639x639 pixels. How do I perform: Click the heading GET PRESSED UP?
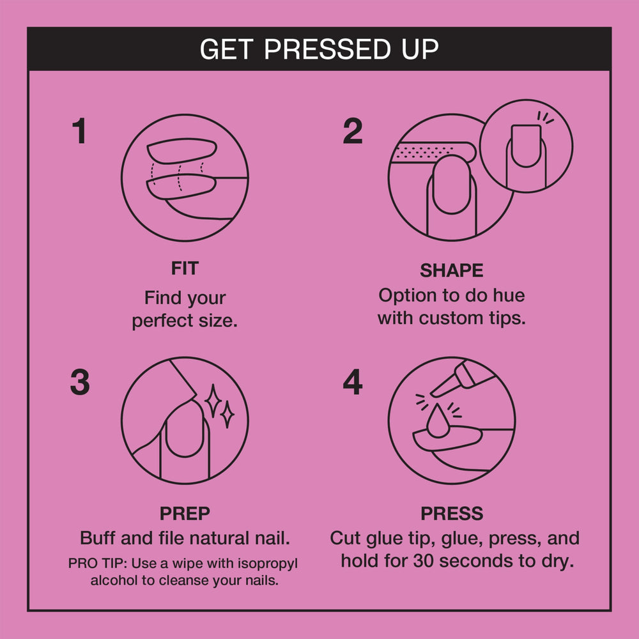click(x=319, y=49)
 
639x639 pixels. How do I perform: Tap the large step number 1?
click(x=79, y=131)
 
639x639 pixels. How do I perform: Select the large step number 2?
click(x=353, y=131)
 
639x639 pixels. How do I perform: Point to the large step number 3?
click(x=80, y=382)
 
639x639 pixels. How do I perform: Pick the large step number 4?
click(x=353, y=382)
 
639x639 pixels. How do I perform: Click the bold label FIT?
click(x=185, y=268)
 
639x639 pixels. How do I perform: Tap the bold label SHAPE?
click(x=452, y=270)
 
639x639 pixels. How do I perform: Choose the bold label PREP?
click(x=185, y=514)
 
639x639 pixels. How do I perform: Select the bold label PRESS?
click(x=452, y=514)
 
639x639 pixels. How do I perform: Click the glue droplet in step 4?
click(x=438, y=422)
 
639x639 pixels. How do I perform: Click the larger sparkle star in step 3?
click(x=213, y=401)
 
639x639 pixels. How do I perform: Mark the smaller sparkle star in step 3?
click(x=227, y=415)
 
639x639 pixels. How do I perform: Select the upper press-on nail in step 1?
click(x=181, y=151)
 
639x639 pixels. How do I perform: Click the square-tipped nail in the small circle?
click(x=526, y=146)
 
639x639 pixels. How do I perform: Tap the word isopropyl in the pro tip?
click(x=268, y=564)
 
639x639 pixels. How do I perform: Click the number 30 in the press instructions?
click(x=424, y=561)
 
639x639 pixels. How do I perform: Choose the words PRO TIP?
click(x=97, y=564)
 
